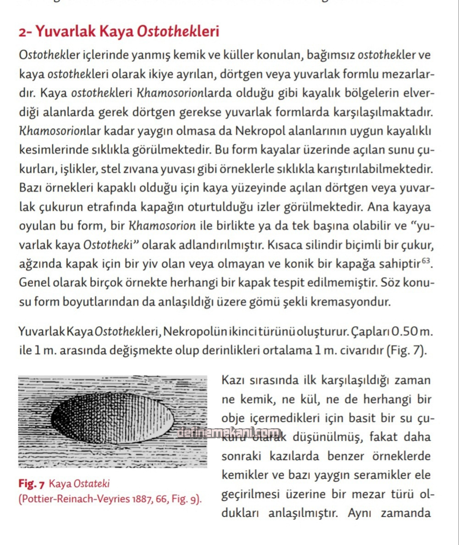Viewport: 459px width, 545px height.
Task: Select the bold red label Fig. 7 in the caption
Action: [x=32, y=484]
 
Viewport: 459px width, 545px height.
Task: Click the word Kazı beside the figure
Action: [x=234, y=380]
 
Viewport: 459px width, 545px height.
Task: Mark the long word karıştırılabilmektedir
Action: [x=373, y=169]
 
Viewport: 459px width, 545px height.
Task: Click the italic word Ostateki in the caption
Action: [x=92, y=484]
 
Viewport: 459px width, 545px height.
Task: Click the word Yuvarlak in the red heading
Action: [x=61, y=32]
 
